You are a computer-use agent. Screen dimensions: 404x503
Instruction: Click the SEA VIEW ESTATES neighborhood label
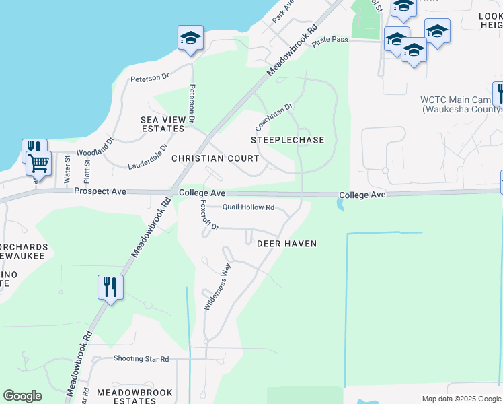tap(162, 124)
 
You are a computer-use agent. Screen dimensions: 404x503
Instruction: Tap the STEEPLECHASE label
tap(288, 140)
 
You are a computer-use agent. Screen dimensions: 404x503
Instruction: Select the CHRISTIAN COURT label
tap(215, 158)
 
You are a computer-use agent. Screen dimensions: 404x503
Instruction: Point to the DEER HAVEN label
tap(286, 244)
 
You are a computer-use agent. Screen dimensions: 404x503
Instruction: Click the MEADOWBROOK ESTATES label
tap(134, 396)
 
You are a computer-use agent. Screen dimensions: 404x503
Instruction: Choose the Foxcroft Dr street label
tap(206, 217)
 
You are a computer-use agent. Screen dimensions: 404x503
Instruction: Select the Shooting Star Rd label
tap(141, 359)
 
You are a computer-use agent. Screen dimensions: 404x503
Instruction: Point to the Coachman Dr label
tap(274, 117)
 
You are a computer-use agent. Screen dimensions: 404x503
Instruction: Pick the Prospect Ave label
tap(100, 192)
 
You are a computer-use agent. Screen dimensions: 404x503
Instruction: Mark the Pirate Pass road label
tap(330, 40)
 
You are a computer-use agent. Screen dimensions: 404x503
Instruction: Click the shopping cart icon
tap(39, 163)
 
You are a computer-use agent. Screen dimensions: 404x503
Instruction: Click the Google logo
tap(23, 396)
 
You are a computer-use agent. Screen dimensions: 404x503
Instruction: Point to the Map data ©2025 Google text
tap(461, 399)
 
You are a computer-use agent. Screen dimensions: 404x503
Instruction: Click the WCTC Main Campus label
tap(460, 104)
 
